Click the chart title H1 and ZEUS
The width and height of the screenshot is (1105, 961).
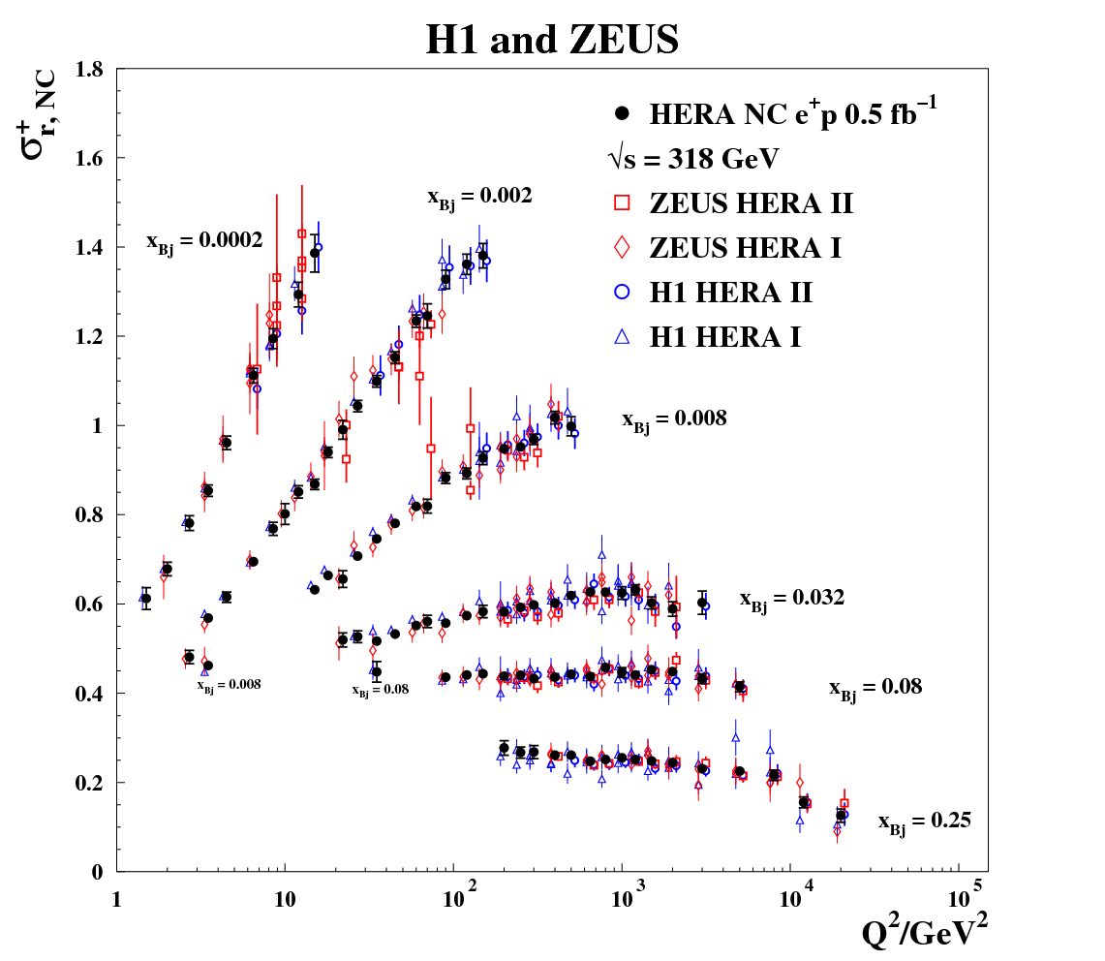click(552, 40)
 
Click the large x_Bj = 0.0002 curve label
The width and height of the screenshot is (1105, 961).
click(204, 241)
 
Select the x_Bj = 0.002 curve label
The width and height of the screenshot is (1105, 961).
click(479, 197)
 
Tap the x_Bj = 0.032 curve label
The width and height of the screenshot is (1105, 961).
click(792, 599)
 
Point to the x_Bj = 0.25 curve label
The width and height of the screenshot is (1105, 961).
click(924, 821)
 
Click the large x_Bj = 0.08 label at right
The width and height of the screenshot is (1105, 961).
click(875, 688)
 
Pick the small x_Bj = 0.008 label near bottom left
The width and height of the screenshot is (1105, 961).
click(229, 685)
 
